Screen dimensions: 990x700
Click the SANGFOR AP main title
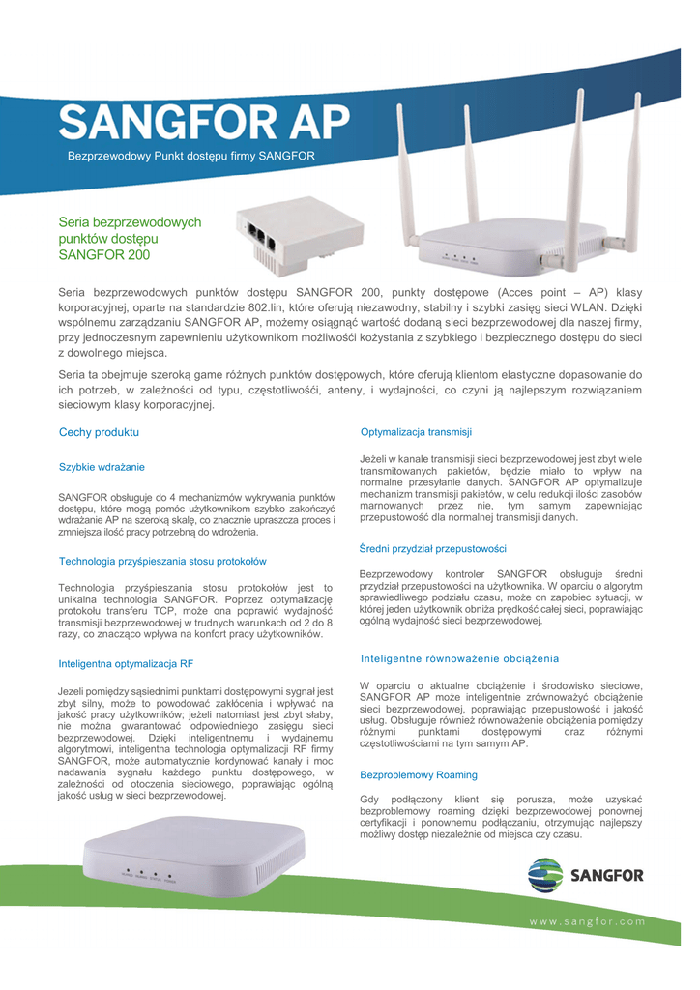(x=203, y=123)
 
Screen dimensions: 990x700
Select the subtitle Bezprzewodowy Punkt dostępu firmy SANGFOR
(x=190, y=156)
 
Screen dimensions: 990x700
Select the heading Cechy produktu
(x=99, y=432)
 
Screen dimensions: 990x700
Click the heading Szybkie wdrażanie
(x=102, y=467)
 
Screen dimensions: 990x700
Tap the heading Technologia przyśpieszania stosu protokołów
(x=162, y=561)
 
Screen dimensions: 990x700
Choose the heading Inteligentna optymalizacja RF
(x=126, y=664)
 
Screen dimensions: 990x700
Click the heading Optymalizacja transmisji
(x=416, y=431)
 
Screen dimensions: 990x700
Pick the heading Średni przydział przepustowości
(x=432, y=548)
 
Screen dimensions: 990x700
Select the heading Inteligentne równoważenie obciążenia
(x=459, y=658)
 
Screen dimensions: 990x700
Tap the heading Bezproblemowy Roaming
(x=418, y=775)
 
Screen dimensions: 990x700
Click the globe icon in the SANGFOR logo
(x=544, y=876)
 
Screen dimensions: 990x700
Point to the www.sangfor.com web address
(x=587, y=921)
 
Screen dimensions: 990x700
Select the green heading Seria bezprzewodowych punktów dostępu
(x=130, y=239)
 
